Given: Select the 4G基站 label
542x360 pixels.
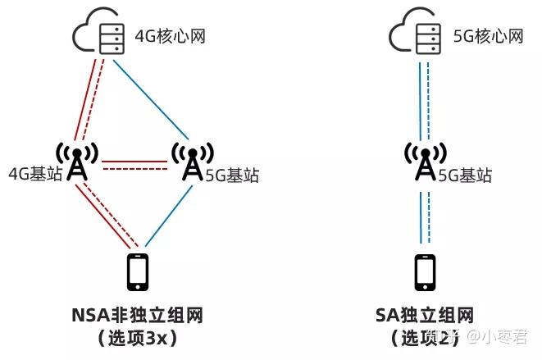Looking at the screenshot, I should click(x=34, y=174).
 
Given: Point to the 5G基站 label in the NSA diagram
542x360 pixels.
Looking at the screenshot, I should click(x=230, y=174).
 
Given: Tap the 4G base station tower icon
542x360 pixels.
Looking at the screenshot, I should click(x=76, y=162).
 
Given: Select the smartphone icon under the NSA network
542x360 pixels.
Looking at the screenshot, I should click(x=139, y=271).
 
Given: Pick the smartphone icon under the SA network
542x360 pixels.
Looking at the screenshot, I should click(x=425, y=271).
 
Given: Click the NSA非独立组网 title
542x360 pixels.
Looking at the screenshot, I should click(x=137, y=315).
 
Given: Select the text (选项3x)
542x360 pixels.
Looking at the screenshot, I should click(x=137, y=337).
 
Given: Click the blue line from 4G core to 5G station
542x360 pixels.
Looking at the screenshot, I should click(x=153, y=97).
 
